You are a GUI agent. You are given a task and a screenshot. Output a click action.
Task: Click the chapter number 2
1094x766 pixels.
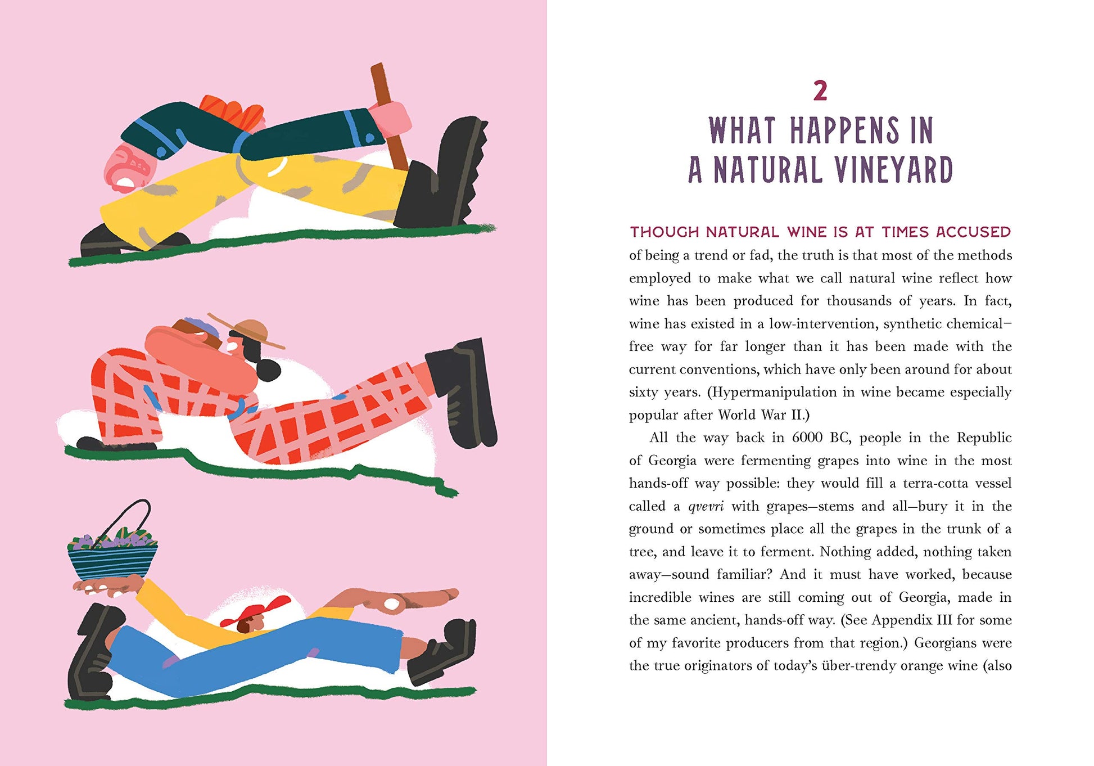click(820, 91)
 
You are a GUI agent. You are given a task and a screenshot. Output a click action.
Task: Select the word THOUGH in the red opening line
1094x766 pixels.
click(664, 232)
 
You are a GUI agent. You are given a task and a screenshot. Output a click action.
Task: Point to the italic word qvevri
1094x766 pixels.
click(706, 507)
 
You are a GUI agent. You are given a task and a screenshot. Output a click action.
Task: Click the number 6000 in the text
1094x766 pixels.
click(807, 438)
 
